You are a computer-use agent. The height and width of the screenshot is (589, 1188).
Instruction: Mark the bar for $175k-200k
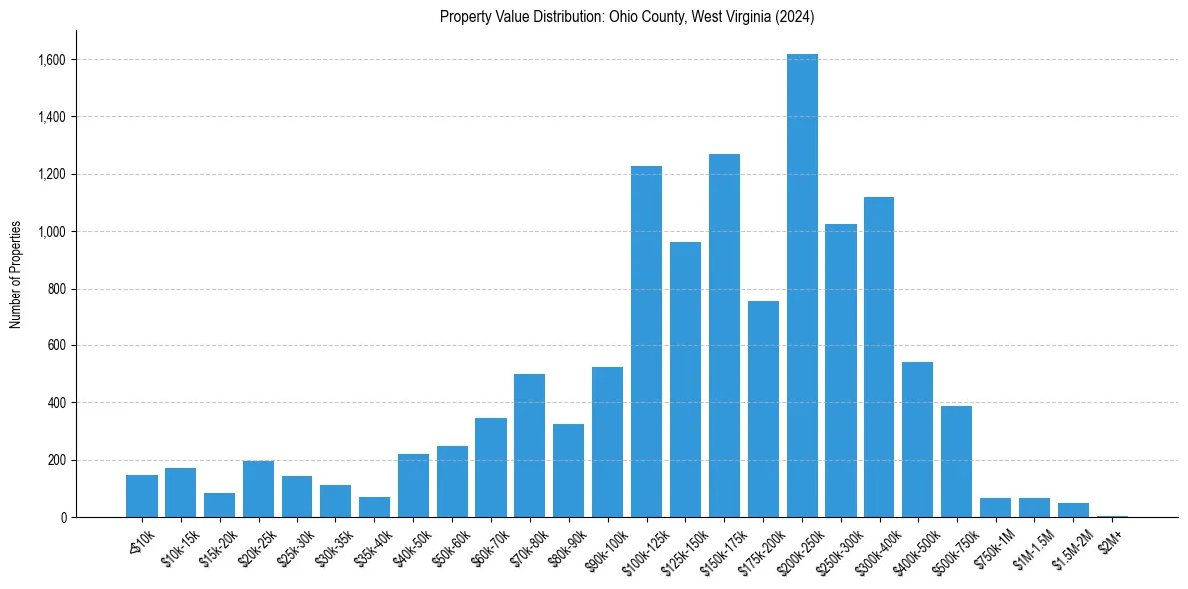click(763, 409)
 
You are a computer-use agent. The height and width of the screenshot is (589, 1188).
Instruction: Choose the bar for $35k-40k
click(374, 507)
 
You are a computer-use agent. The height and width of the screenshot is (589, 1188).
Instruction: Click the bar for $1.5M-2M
click(1073, 510)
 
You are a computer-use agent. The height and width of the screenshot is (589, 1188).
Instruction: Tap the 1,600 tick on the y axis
click(52, 60)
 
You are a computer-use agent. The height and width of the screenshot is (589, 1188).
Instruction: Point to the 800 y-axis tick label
click(57, 289)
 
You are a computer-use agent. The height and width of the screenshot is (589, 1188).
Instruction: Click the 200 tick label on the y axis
click(57, 460)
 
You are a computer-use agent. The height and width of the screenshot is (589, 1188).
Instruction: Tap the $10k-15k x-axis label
click(180, 546)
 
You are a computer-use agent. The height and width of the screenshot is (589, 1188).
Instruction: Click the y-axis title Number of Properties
click(16, 275)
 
